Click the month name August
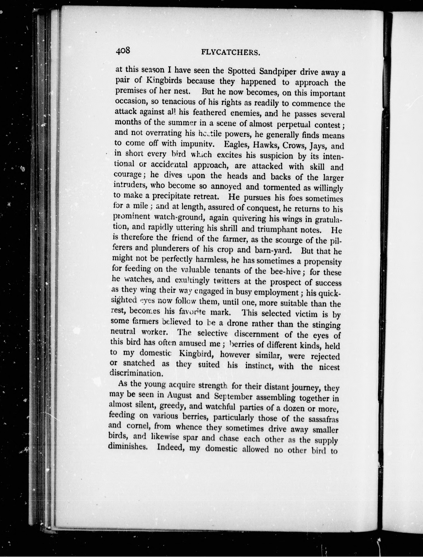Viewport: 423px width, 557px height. pyautogui.click(x=179, y=395)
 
